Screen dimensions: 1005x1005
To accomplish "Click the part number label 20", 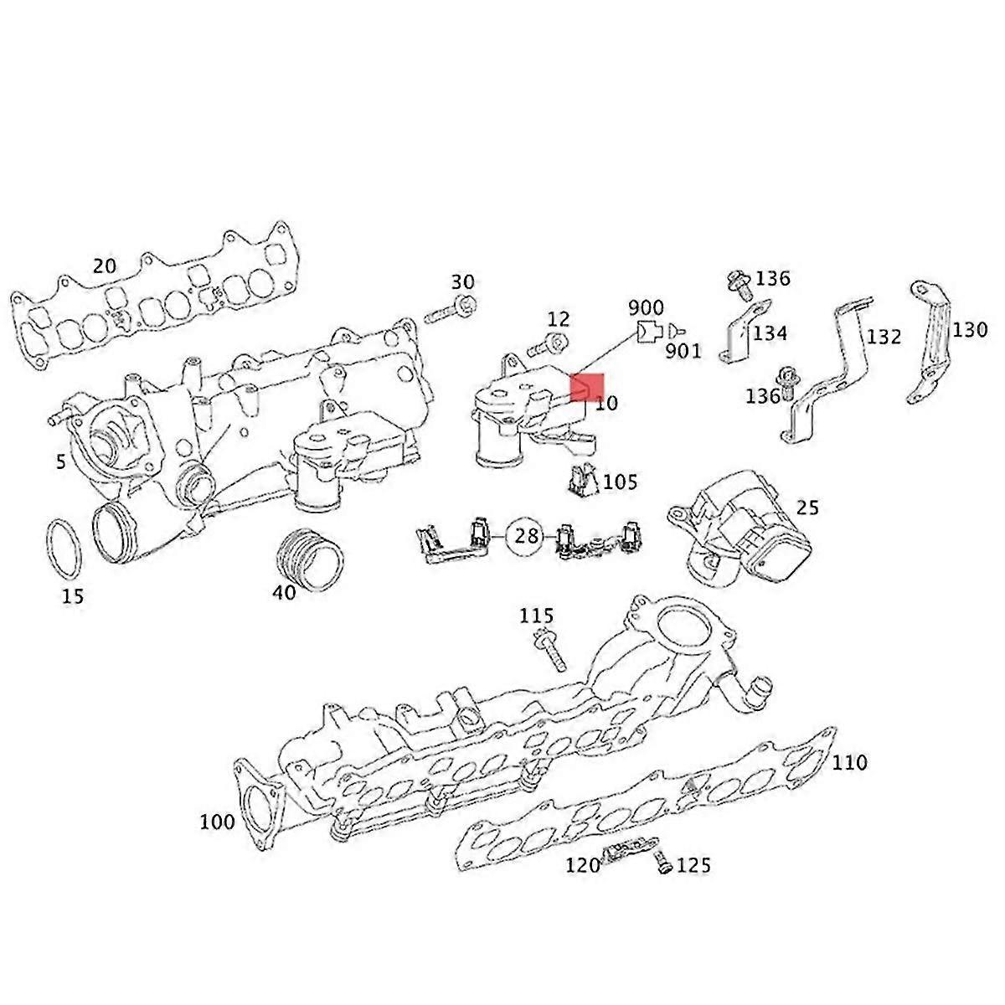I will pyautogui.click(x=104, y=266).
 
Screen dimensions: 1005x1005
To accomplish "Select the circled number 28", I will pyautogui.click(x=527, y=535).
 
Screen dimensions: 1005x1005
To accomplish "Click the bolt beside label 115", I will pyautogui.click(x=549, y=652).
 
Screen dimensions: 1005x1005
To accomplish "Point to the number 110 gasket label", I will pyautogui.click(x=850, y=763).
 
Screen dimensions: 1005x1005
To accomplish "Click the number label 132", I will pyautogui.click(x=884, y=337).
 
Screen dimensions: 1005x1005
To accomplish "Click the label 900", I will pyautogui.click(x=646, y=308).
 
